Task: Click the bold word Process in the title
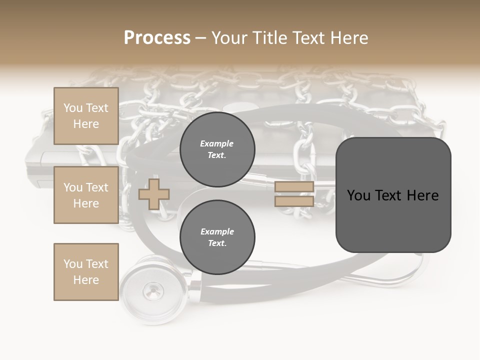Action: pyautogui.click(x=157, y=38)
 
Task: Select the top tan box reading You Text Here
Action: pyautogui.click(x=86, y=116)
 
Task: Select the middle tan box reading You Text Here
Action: pyautogui.click(x=86, y=195)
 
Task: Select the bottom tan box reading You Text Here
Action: pyautogui.click(x=86, y=271)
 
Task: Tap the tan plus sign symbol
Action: pyautogui.click(x=154, y=194)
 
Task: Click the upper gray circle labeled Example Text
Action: pyautogui.click(x=217, y=149)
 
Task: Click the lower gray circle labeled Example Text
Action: pyautogui.click(x=217, y=237)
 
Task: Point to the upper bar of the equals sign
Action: pyautogui.click(x=294, y=187)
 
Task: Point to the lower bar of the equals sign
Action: pyautogui.click(x=294, y=201)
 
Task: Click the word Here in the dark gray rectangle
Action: pyautogui.click(x=422, y=195)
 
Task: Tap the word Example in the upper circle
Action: pyautogui.click(x=217, y=143)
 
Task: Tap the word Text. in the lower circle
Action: pyautogui.click(x=217, y=243)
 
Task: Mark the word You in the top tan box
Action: pyautogui.click(x=73, y=108)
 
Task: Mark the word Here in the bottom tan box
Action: pyautogui.click(x=86, y=280)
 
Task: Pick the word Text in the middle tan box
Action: pyautogui.click(x=97, y=187)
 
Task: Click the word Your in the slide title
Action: pyautogui.click(x=230, y=38)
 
